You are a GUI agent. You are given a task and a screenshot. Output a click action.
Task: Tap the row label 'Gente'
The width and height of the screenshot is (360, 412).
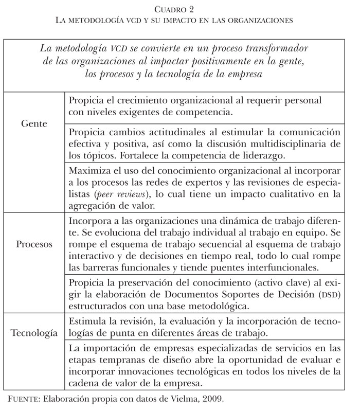tap(35, 124)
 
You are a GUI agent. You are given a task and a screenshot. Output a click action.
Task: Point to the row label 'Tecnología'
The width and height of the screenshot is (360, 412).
tap(35, 333)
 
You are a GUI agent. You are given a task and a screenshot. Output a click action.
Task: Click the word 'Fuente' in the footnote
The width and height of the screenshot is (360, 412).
tap(24, 398)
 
